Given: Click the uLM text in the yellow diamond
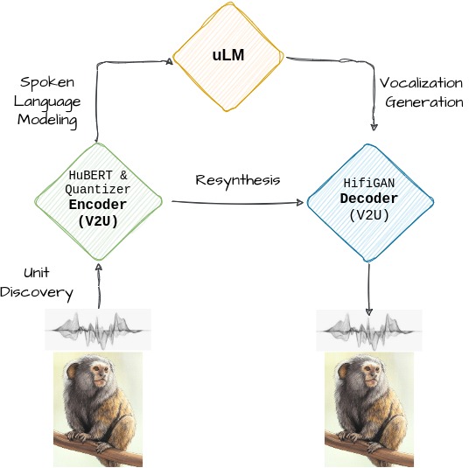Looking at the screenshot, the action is (x=228, y=55).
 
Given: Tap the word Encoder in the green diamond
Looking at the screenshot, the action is (x=98, y=205).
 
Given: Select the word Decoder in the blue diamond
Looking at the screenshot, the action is (x=369, y=199).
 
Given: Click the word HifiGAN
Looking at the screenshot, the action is (x=368, y=183).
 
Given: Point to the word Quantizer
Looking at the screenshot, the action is (x=97, y=189).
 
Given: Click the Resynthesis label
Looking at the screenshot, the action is (x=238, y=180).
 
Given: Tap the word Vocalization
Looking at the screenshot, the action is (x=421, y=83).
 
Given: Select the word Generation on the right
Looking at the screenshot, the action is (x=424, y=102).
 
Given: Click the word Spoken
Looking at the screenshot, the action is (x=47, y=82).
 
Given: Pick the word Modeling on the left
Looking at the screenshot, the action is (x=47, y=120).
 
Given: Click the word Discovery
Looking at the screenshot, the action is (x=37, y=292).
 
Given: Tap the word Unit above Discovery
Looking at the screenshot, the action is (x=37, y=272).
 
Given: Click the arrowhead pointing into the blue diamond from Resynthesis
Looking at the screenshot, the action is (x=300, y=203).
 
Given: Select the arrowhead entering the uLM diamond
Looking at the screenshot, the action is (x=170, y=61).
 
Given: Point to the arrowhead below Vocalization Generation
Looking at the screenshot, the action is (x=374, y=127).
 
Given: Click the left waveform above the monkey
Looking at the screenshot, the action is (x=98, y=330).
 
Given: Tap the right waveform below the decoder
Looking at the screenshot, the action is (x=369, y=331).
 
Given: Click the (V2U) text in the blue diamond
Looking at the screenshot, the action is (x=368, y=215).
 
